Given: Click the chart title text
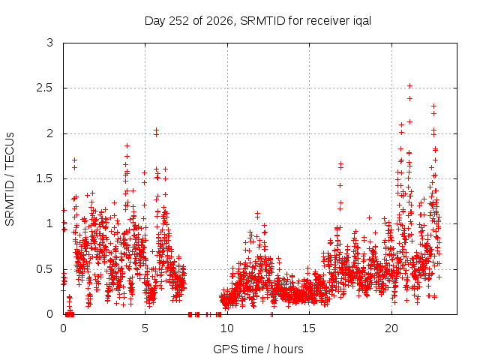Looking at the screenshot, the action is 258,21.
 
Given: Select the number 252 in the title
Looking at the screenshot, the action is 178,21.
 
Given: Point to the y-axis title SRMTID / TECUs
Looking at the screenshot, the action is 10,179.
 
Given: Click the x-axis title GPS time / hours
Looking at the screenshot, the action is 258,349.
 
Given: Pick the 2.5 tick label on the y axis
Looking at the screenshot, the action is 45,88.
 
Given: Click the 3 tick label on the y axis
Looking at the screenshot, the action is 50,43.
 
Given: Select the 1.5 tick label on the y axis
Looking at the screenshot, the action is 45,178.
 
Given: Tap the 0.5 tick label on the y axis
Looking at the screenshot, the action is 45,269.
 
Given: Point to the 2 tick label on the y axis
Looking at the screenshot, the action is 50,133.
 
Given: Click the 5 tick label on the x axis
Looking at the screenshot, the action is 145,328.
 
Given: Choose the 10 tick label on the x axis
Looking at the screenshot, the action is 227,328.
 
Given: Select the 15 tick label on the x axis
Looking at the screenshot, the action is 309,328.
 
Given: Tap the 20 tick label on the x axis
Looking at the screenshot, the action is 391,328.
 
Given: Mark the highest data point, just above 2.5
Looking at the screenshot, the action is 409,86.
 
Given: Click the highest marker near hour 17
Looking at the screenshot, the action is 340,164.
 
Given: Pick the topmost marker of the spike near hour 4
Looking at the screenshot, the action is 127,146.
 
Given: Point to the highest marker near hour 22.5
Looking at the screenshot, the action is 433,106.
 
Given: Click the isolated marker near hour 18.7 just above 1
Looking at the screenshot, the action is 369,217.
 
